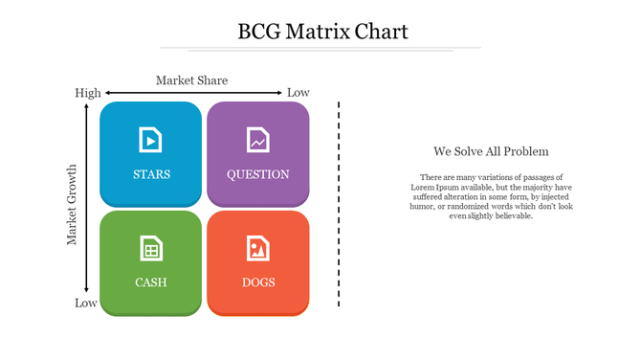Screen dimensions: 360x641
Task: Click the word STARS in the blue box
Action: click(x=151, y=174)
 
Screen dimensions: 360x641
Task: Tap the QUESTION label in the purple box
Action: click(x=257, y=174)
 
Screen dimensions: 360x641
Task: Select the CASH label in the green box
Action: click(x=151, y=282)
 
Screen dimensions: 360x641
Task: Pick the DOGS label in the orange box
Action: click(x=258, y=282)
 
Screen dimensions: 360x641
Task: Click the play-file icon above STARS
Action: click(x=150, y=140)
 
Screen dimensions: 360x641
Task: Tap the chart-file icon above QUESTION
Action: click(x=257, y=140)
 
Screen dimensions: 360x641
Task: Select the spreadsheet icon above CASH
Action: click(x=150, y=248)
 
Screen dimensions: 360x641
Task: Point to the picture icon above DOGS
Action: click(x=257, y=248)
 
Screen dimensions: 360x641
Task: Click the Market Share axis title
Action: click(x=191, y=80)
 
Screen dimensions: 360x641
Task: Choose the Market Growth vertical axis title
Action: click(x=72, y=204)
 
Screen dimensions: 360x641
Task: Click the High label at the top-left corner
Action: click(x=88, y=93)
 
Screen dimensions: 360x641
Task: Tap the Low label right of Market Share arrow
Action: click(x=298, y=93)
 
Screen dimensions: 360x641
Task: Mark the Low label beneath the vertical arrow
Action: click(x=86, y=304)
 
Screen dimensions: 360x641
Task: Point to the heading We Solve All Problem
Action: click(x=491, y=151)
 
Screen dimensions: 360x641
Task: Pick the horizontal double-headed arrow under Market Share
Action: click(x=192, y=93)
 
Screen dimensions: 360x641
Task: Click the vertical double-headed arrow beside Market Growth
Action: click(x=87, y=198)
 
